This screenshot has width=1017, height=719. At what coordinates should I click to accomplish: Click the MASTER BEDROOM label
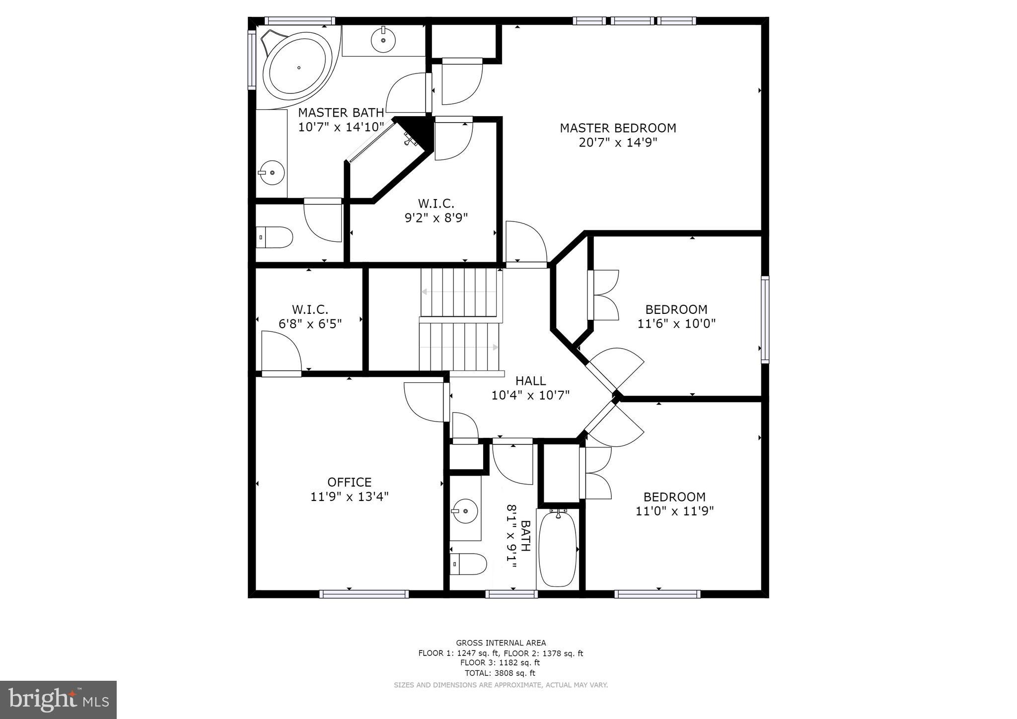(x=618, y=128)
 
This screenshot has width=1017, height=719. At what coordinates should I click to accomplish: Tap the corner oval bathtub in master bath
(x=297, y=69)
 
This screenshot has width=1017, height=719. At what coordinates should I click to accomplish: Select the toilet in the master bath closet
(x=275, y=237)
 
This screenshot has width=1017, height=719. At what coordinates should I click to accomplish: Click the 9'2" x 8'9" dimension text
(x=436, y=217)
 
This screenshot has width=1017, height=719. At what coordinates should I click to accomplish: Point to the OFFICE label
(x=349, y=482)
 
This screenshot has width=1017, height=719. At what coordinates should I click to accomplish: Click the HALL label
(x=530, y=381)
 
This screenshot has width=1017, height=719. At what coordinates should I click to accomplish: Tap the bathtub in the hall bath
(x=558, y=549)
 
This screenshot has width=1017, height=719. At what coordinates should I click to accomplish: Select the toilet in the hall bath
(x=468, y=564)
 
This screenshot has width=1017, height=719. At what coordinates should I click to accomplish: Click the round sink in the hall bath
(x=465, y=510)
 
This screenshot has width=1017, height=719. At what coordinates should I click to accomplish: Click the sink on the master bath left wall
(x=271, y=172)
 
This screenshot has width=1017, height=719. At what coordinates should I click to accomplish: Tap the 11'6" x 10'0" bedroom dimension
(x=676, y=324)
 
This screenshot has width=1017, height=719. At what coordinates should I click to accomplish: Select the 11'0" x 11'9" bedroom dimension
(x=674, y=511)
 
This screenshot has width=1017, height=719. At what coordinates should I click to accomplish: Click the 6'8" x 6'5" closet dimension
(x=310, y=324)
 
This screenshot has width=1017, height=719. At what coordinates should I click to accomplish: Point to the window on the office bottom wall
(x=364, y=594)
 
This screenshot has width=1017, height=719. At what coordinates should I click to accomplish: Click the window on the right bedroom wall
(x=765, y=319)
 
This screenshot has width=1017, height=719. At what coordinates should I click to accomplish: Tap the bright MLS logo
(x=58, y=700)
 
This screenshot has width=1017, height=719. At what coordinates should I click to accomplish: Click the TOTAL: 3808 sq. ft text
(x=500, y=673)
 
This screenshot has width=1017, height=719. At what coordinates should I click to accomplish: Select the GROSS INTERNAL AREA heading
(x=501, y=643)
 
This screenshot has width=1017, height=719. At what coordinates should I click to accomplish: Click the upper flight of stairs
(x=459, y=292)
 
